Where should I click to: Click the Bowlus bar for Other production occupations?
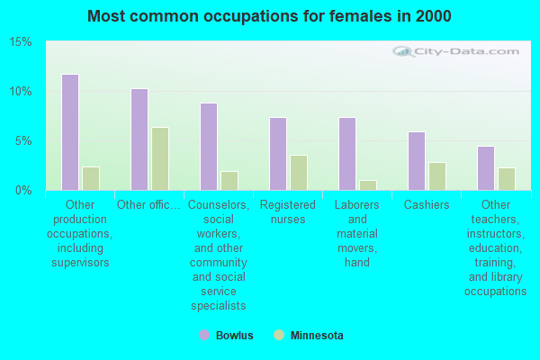click(69, 132)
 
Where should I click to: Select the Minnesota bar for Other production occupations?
click(91, 178)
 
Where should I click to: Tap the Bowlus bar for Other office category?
click(139, 139)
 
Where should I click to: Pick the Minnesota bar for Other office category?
click(160, 158)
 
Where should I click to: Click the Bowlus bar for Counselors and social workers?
click(208, 147)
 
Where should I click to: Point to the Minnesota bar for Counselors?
click(229, 180)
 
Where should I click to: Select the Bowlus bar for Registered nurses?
click(278, 154)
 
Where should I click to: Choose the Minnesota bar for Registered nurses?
click(299, 173)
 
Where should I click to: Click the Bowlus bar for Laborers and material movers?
click(347, 154)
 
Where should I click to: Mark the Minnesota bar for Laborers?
click(368, 184)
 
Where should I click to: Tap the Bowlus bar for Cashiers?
click(417, 161)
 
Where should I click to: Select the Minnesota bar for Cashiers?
click(437, 176)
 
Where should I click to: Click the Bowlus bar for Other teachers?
click(486, 168)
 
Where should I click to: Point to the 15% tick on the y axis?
click(21, 42)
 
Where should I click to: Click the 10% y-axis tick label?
click(21, 92)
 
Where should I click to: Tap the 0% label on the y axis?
click(23, 191)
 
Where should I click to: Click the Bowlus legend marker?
click(204, 336)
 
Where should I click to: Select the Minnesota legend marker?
click(280, 336)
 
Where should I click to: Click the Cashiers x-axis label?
click(427, 205)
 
